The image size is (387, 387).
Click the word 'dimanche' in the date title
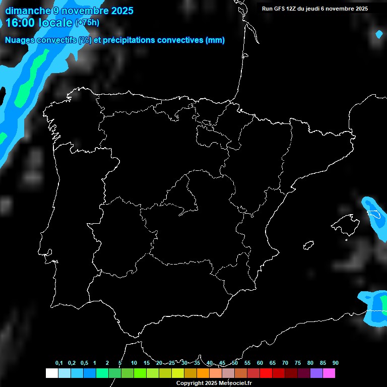coord(27,11)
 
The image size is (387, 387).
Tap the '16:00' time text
coord(20,22)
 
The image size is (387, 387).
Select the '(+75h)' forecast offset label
coord(87,22)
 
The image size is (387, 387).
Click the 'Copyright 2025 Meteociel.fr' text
coord(214,383)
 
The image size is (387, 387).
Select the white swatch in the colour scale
coord(51,373)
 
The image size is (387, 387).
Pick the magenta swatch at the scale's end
coord(329,373)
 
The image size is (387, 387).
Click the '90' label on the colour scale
coord(335,363)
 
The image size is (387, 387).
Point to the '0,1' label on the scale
coord(59,363)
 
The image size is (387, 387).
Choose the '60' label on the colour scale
coord(260,363)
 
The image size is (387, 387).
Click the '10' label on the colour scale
coord(134,363)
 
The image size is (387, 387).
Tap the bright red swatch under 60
coord(266,373)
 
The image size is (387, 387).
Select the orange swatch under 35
coord(203,373)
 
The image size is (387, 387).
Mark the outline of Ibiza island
coord(308,245)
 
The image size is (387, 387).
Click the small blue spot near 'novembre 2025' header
coord(379,34)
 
